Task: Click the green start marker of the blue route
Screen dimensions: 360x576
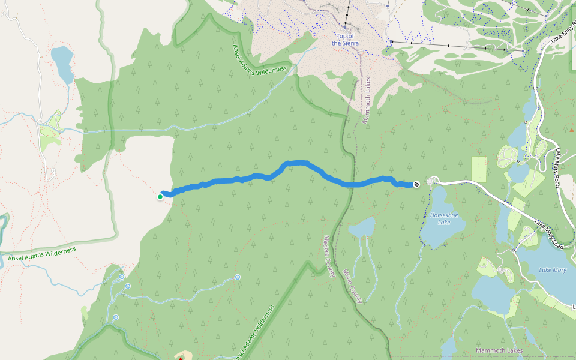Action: [x=160, y=197]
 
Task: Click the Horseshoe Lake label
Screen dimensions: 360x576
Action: [x=445, y=218]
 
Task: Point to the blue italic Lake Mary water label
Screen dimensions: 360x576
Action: [x=553, y=270]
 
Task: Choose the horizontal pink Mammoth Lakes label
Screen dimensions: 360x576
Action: [x=499, y=350]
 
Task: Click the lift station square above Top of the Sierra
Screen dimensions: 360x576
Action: [x=346, y=26]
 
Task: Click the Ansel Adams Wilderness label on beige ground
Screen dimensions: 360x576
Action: [x=42, y=254]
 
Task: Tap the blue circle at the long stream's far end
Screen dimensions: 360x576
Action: [x=238, y=277]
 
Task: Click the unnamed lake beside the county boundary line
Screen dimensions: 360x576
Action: [x=362, y=228]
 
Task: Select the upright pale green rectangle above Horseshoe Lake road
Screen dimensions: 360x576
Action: [x=479, y=169]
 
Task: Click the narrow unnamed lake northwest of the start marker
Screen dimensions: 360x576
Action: [x=62, y=64]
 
